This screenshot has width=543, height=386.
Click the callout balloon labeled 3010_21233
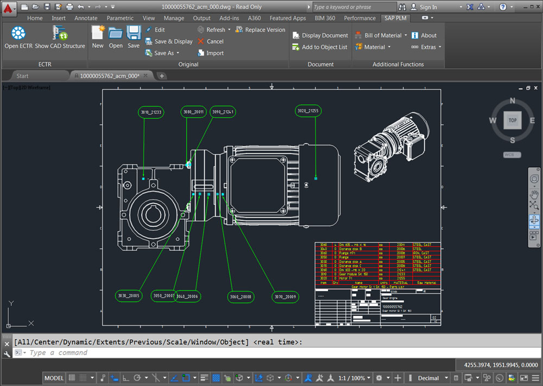tap(151, 112)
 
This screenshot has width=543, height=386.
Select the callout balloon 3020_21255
tap(308, 111)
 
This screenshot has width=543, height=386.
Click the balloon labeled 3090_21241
tap(223, 112)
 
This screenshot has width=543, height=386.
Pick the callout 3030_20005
tap(129, 296)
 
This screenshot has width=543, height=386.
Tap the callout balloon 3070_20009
tap(286, 296)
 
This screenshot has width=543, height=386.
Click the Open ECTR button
tap(18, 38)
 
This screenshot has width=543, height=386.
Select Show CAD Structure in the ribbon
tap(60, 38)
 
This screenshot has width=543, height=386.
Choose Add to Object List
tap(320, 47)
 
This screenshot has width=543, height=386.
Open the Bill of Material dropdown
tap(379, 35)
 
